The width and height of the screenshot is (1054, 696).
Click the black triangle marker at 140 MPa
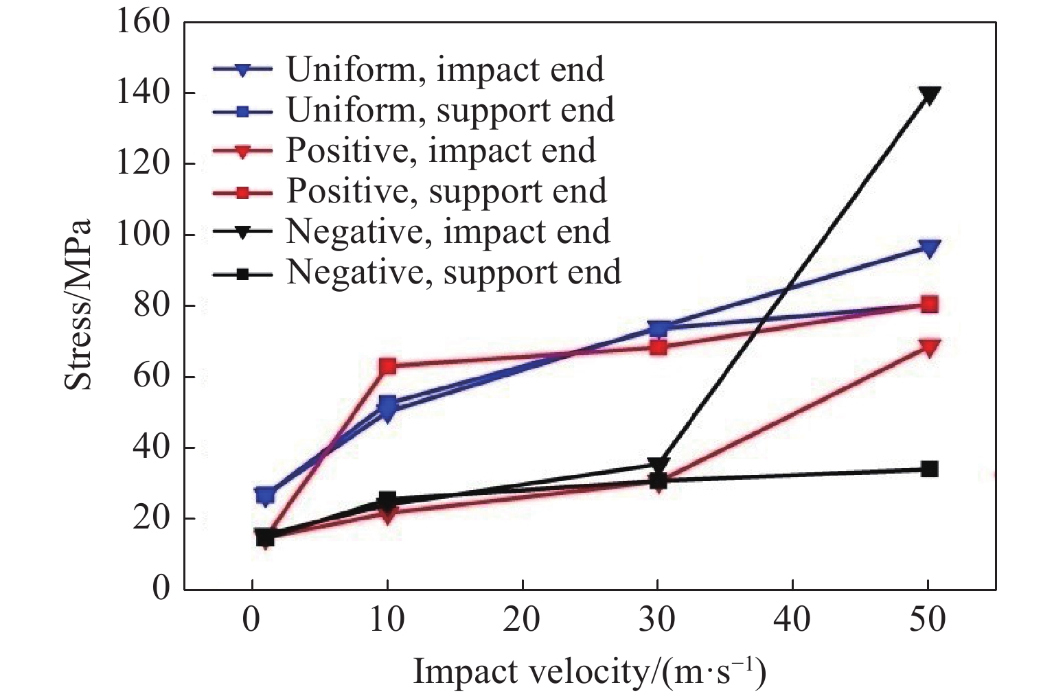point(929,95)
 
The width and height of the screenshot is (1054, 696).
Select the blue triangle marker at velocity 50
point(929,248)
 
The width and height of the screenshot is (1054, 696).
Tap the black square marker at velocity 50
point(929,469)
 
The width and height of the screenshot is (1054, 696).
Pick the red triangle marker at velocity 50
point(929,347)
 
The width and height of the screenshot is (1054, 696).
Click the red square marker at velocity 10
point(387,366)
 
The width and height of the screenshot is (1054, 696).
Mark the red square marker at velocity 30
point(658,347)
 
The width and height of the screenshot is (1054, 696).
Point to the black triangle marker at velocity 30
point(658,465)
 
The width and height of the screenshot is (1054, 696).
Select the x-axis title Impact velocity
point(589,672)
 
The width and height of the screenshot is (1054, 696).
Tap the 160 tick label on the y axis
point(142,22)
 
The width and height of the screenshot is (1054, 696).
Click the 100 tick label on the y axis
point(142,235)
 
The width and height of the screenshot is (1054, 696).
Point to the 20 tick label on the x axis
point(523,620)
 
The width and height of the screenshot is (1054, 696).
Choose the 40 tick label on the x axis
point(793,620)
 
